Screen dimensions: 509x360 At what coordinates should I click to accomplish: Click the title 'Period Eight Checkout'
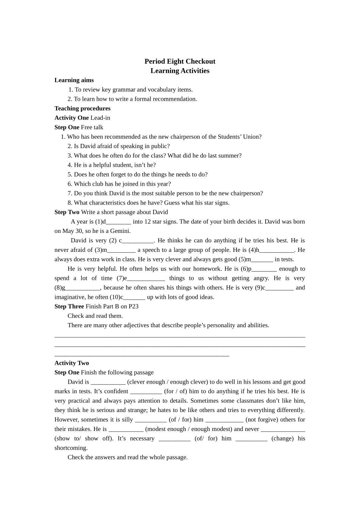[x=180, y=61]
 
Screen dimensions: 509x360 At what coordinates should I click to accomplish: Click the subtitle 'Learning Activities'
[x=180, y=71]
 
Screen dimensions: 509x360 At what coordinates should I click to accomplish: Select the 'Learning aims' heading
[x=74, y=80]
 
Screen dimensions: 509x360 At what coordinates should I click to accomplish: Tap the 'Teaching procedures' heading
[x=82, y=108]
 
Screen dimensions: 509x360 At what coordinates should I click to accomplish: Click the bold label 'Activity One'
[x=71, y=118]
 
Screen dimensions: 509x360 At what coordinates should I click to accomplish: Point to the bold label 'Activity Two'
[x=71, y=363]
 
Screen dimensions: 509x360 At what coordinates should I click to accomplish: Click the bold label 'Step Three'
[x=69, y=306]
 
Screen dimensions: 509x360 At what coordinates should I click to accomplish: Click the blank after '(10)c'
[x=135, y=297]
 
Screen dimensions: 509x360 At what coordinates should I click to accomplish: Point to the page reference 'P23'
[x=133, y=306]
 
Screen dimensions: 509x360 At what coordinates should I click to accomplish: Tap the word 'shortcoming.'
[x=71, y=448]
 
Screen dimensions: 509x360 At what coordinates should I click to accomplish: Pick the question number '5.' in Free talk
[x=70, y=175]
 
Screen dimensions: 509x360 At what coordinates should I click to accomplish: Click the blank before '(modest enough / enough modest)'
[x=126, y=429]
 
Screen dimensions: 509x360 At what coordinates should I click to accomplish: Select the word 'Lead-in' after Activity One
[x=100, y=118]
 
